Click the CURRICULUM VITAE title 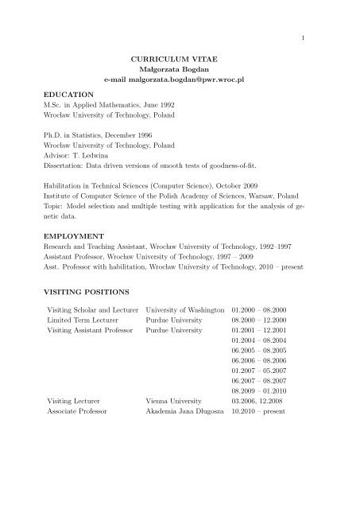tap(179, 60)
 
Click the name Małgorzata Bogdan tap(179, 71)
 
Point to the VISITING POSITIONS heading tap(95, 292)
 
